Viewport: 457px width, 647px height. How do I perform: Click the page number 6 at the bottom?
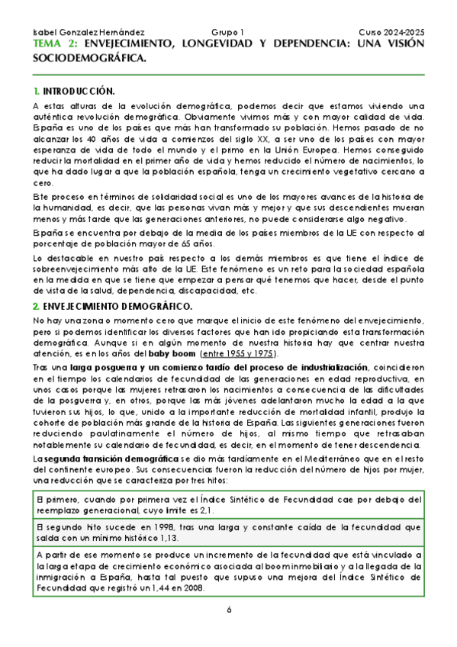pos(228,610)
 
